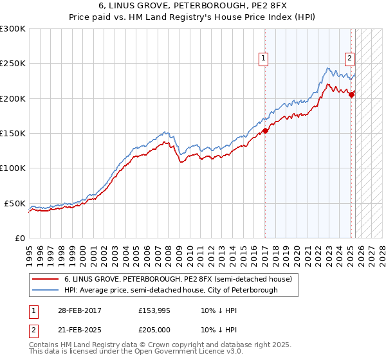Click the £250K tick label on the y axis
click(13, 64)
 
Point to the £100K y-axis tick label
click(13, 168)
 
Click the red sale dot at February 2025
click(351, 95)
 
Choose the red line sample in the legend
click(45, 280)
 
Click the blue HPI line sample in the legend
click(45, 291)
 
